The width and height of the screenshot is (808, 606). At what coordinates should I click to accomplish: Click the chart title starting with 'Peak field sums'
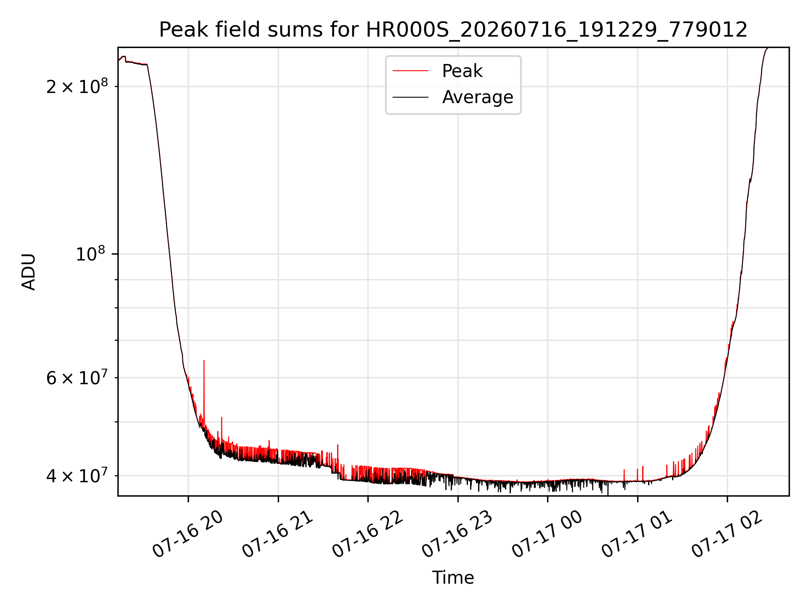pos(453,30)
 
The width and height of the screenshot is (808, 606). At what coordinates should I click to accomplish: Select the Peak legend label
pos(462,71)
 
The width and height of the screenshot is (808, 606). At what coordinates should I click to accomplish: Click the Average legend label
pos(478,97)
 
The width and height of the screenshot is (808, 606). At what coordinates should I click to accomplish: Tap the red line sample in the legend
pos(411,71)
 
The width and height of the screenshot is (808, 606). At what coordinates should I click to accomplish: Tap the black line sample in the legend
pos(411,97)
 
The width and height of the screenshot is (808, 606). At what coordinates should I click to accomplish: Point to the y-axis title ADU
pos(29,271)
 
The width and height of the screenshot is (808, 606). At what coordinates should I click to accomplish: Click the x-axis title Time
pos(453,578)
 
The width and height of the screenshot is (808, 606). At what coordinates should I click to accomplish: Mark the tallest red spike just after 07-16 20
pos(204,391)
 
